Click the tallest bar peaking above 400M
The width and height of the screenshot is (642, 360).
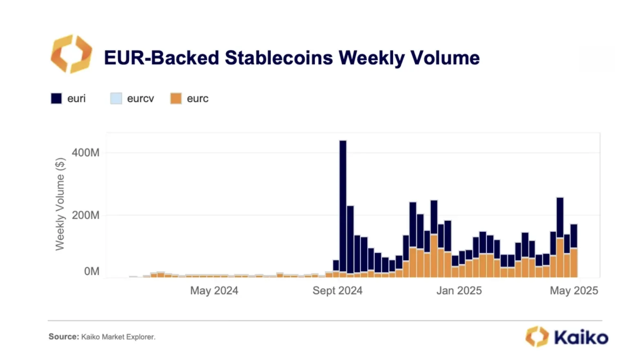[x=343, y=205]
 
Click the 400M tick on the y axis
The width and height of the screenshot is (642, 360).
[x=85, y=153]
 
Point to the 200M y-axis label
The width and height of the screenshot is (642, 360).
[x=85, y=215]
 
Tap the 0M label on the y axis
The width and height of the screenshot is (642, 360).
[x=92, y=271]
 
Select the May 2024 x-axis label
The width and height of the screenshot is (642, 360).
[x=214, y=290]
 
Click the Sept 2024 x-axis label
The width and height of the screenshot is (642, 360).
[x=337, y=290]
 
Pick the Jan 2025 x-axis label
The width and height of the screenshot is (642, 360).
[x=459, y=290]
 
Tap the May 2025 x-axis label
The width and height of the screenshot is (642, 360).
[x=574, y=290]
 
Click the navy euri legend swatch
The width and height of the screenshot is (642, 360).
[x=56, y=99]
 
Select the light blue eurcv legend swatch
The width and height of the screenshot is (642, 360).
[x=116, y=99]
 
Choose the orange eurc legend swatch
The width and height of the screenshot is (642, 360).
[x=176, y=99]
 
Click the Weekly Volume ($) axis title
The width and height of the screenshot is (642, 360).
[x=60, y=204]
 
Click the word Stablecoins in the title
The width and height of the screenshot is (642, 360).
[x=278, y=58]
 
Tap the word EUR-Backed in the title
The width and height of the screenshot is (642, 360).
[x=162, y=58]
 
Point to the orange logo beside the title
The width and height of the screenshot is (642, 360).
[x=71, y=54]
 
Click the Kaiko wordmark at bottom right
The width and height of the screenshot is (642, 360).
[x=581, y=337]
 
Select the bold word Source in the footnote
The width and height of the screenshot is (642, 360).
[x=63, y=337]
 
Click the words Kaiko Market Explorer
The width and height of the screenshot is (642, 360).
[x=118, y=337]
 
